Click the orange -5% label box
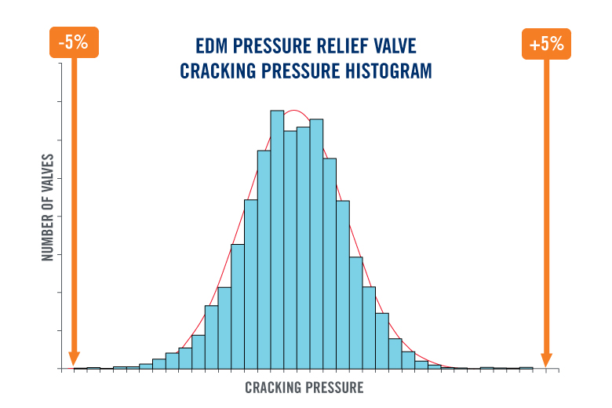72,44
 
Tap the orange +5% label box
546,44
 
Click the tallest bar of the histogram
277,239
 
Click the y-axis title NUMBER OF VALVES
47,207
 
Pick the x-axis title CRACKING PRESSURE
304,388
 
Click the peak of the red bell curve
292,111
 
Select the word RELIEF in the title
344,45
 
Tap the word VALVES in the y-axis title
47,173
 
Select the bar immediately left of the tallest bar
264,259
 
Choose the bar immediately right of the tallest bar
290,250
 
